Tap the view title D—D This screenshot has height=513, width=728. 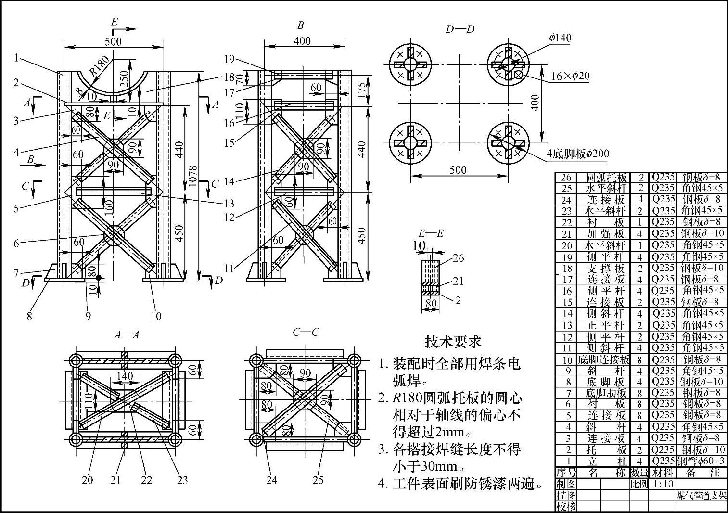[x=460, y=29]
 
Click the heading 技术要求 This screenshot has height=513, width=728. [x=453, y=341]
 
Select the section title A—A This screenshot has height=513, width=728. [x=127, y=334]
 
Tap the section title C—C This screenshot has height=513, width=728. [x=306, y=332]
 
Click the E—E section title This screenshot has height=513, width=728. [x=431, y=234]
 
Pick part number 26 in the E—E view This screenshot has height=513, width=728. [x=458, y=258]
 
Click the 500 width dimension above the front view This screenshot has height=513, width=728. [x=113, y=41]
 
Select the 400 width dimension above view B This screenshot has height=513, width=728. [x=302, y=41]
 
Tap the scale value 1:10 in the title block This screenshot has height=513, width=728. [x=663, y=484]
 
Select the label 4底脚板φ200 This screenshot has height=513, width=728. [x=577, y=154]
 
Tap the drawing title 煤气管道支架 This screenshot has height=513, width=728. [x=702, y=496]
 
